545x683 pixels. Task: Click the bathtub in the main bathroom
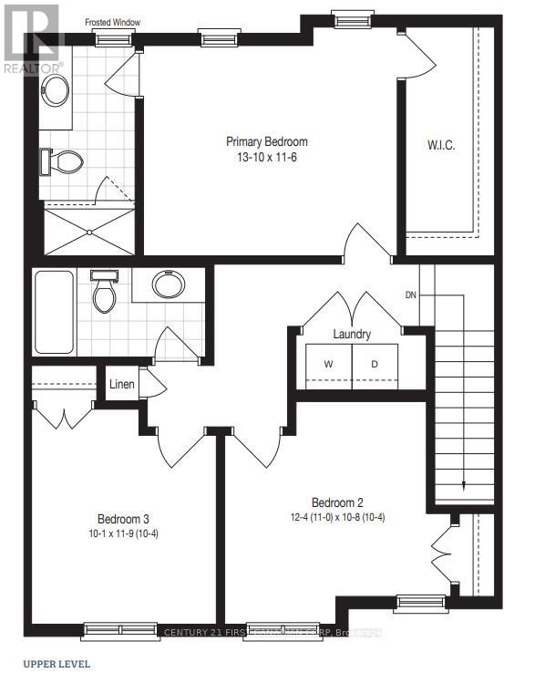[54, 314]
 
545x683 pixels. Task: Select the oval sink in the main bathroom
[168, 285]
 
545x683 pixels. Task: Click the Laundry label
[352, 335]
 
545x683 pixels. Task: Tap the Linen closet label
[122, 385]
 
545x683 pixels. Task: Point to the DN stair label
[411, 295]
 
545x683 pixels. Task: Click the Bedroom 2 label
[337, 502]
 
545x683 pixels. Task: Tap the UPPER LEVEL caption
[57, 663]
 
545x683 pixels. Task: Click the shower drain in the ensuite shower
[89, 232]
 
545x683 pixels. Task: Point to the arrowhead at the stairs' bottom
[464, 485]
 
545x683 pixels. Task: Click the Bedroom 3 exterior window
[118, 627]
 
